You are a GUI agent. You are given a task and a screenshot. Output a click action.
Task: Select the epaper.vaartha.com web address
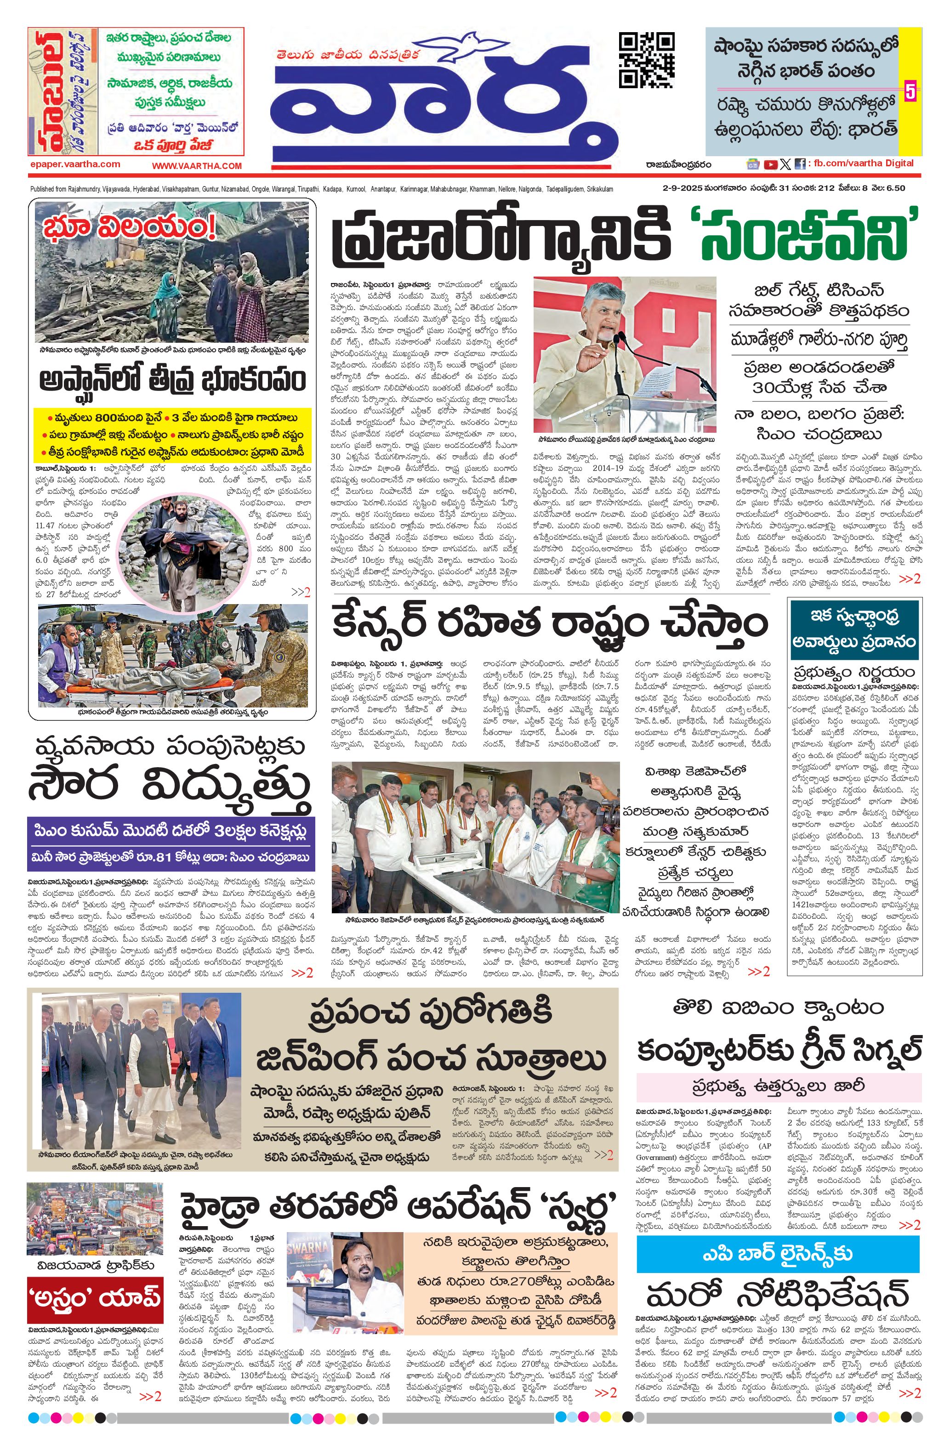click(x=74, y=164)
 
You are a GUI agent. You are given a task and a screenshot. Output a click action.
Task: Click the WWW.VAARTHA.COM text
click(x=197, y=165)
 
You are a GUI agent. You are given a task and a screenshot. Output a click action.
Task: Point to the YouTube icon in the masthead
click(x=770, y=164)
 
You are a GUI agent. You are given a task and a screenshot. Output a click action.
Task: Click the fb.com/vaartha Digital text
click(x=863, y=163)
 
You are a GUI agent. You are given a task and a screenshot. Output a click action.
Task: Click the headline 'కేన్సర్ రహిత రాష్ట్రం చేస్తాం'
click(x=549, y=624)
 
